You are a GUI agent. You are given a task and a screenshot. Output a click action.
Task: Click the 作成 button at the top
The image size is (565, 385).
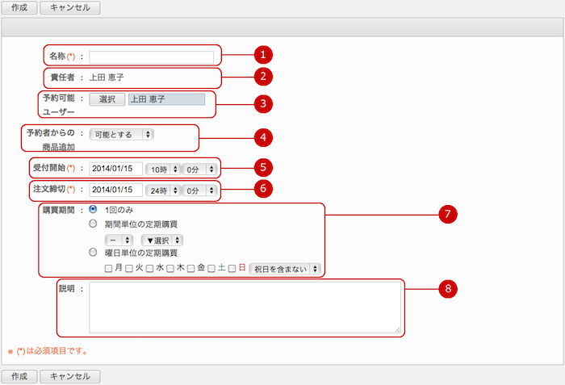(x=19, y=7)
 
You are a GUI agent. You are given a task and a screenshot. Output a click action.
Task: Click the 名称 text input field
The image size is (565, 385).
(x=152, y=57)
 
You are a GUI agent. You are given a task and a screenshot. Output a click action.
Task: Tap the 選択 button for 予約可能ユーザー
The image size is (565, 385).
(x=107, y=99)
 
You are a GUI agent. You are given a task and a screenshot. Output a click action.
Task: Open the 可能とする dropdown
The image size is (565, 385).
(x=121, y=135)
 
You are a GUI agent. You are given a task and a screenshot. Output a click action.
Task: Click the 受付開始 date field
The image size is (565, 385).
(x=115, y=169)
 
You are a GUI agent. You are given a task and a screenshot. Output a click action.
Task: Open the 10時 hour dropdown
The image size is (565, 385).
(x=162, y=169)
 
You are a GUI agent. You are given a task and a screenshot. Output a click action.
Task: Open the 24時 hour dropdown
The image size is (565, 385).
(x=162, y=190)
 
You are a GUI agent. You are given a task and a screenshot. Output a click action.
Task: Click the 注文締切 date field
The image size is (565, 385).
(x=115, y=190)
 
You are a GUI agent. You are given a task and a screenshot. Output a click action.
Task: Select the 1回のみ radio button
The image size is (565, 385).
(x=93, y=209)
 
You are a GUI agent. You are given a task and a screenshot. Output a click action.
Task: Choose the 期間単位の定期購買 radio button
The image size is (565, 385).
(x=93, y=224)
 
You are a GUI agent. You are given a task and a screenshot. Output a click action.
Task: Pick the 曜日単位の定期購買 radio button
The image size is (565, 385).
(x=93, y=253)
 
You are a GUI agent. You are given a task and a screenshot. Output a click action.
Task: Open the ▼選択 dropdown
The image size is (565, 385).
(x=161, y=240)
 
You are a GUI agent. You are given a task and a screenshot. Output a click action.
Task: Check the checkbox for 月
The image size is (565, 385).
(x=108, y=269)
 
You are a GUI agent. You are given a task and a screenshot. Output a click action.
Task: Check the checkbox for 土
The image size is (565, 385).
(x=211, y=269)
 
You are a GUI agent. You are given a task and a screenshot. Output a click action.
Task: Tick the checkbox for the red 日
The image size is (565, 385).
(x=232, y=269)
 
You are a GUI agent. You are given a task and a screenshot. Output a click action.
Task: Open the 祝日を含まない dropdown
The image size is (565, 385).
(x=285, y=269)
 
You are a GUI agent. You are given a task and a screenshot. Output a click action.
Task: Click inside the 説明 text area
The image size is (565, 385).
(x=245, y=308)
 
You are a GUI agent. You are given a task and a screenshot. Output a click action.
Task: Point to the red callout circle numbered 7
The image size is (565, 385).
(x=448, y=214)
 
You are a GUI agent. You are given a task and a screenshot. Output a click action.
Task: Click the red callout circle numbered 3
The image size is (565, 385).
(x=263, y=104)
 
